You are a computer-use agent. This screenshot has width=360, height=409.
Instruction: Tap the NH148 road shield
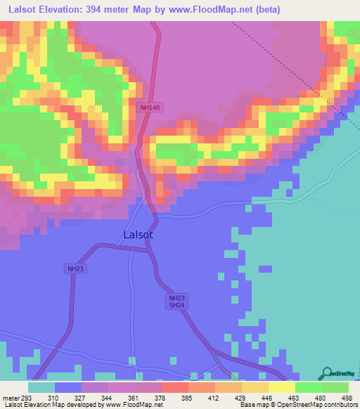pyautogui.click(x=150, y=108)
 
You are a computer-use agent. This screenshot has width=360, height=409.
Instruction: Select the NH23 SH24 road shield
pyautogui.click(x=176, y=301)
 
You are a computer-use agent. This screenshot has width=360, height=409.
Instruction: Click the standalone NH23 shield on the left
pyautogui.click(x=76, y=268)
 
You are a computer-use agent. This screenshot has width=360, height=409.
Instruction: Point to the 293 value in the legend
pyautogui.click(x=27, y=397)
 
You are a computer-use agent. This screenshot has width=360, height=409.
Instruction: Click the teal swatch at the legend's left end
pyautogui.click(x=41, y=387)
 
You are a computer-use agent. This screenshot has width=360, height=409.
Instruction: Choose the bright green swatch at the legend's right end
pyautogui.click(x=335, y=387)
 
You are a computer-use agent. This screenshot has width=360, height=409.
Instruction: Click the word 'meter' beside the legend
pyautogui.click(x=9, y=397)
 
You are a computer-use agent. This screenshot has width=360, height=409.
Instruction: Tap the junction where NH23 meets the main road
pyautogui.click(x=149, y=249)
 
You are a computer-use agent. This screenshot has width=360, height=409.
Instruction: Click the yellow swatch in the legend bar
pyautogui.click(x=282, y=387)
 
